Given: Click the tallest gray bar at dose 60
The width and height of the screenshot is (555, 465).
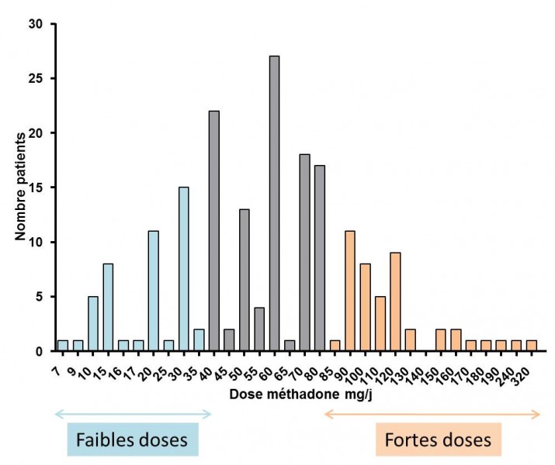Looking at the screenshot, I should [275, 203].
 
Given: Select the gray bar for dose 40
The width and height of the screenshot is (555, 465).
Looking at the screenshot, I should [214, 231].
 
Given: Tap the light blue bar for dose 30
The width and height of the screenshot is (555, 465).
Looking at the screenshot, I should [184, 269].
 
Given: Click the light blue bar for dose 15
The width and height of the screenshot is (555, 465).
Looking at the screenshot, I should [108, 307].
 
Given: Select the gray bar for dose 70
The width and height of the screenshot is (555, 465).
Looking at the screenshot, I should [305, 253].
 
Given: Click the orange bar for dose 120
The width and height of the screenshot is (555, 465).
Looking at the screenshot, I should [395, 301].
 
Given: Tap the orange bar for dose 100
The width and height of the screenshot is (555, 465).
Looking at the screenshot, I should [365, 307].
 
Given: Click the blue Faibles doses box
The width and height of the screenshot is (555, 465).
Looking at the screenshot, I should [133, 440].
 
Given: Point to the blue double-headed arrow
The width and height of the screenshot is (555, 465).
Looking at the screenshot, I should [133, 415].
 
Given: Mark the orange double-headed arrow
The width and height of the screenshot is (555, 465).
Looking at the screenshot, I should [432, 415].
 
